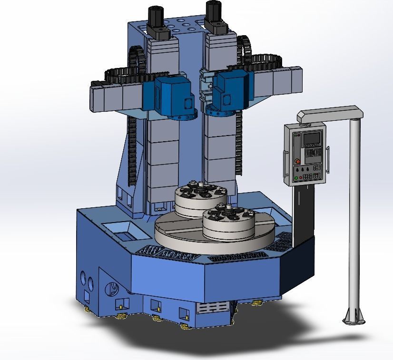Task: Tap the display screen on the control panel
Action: [312, 138]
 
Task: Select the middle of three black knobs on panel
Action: [304, 170]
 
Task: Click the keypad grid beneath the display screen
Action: [312, 154]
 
